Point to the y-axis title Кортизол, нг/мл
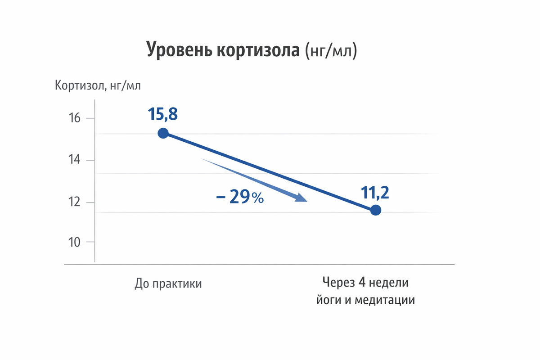(98, 85)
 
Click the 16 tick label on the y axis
(75, 118)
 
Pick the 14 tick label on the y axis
(75, 160)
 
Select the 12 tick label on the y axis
(75, 202)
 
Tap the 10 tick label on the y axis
(75, 242)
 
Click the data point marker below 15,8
(163, 133)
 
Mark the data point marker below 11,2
(376, 210)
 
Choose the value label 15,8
(163, 114)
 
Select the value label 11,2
(374, 193)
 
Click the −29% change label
(240, 198)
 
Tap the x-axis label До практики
(168, 284)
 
